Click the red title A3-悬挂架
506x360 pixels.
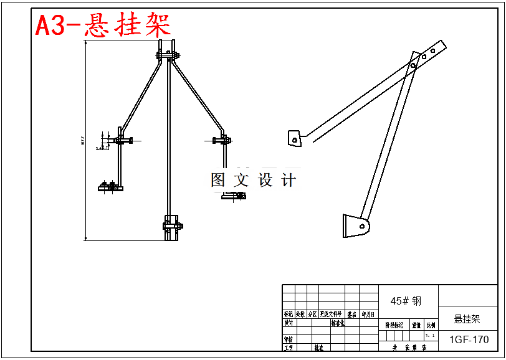pyautogui.click(x=103, y=26)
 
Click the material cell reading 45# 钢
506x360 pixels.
pyautogui.click(x=406, y=301)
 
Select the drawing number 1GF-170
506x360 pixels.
pyautogui.click(x=469, y=339)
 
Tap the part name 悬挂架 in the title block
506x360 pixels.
pyautogui.click(x=467, y=320)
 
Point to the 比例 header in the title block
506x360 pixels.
pyautogui.click(x=431, y=325)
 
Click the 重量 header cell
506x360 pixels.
pyautogui.click(x=416, y=325)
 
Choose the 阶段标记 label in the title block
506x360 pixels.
pyautogui.click(x=394, y=325)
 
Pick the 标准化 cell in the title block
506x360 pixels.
pyautogui.click(x=338, y=323)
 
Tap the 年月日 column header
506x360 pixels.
pyautogui.click(x=368, y=315)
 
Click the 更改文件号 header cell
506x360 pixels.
pyautogui.click(x=331, y=315)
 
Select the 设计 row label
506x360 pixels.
pyautogui.click(x=288, y=323)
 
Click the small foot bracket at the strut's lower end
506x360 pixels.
pyautogui.click(x=355, y=225)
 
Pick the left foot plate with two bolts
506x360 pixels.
pyautogui.click(x=110, y=187)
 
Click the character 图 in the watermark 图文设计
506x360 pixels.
pyautogui.click(x=218, y=181)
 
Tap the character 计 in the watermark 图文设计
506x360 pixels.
pyautogui.click(x=289, y=181)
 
